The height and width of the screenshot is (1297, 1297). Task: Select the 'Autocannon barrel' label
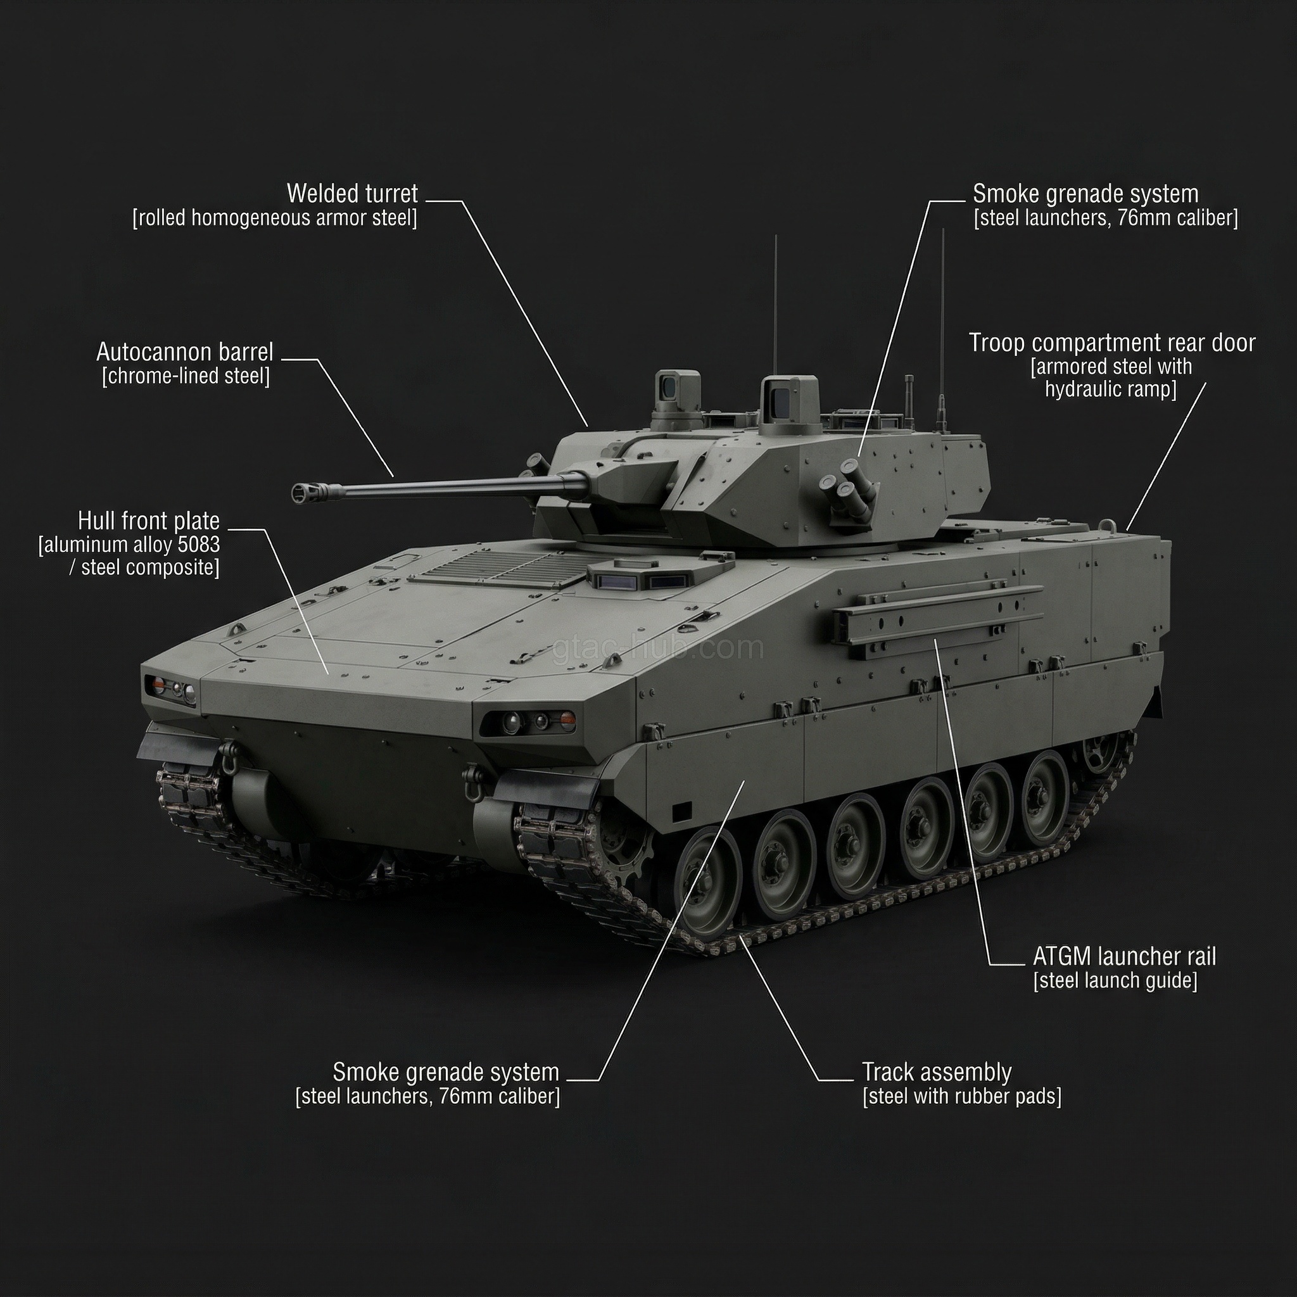coord(185,351)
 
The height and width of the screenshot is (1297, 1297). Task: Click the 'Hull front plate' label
coord(148,521)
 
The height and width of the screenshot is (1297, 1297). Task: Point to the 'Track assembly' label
coord(937,1072)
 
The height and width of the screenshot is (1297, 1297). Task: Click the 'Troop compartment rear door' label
coord(1111,343)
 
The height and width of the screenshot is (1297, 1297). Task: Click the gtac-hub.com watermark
coord(658,649)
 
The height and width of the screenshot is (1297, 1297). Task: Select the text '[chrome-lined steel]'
coord(186,376)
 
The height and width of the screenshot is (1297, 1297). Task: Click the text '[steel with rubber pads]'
coord(961,1096)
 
